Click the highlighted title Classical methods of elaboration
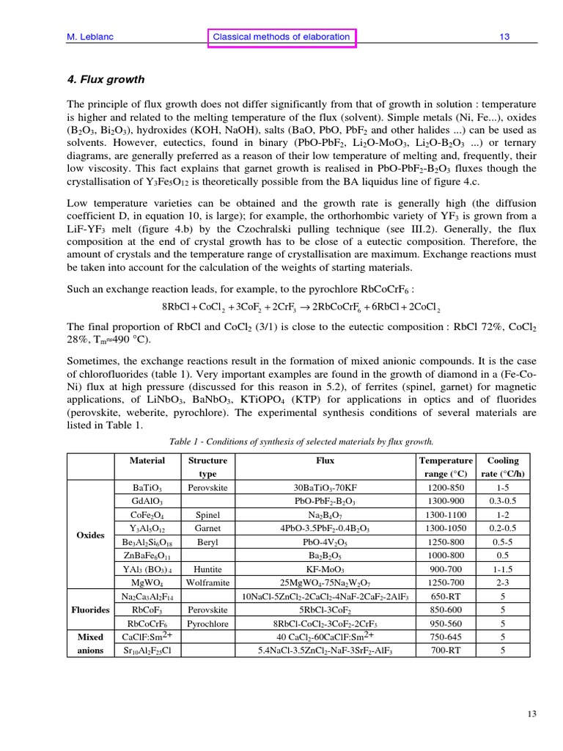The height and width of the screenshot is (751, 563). pyautogui.click(x=281, y=37)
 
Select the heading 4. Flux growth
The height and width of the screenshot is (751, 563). pyautogui.click(x=106, y=79)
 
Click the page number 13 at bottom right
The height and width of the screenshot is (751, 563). pyautogui.click(x=533, y=714)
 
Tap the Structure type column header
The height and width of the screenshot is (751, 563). pyautogui.click(x=207, y=467)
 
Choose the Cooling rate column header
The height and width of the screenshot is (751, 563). pyautogui.click(x=502, y=467)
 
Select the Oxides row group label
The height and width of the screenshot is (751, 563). pyautogui.click(x=90, y=535)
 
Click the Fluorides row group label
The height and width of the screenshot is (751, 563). pyautogui.click(x=90, y=609)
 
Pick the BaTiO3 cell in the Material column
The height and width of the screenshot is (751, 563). pyautogui.click(x=147, y=488)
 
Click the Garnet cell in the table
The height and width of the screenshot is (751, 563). pyautogui.click(x=207, y=528)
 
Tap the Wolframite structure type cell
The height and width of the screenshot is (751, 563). pyautogui.click(x=207, y=583)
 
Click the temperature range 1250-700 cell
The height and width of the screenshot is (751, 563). pyautogui.click(x=445, y=583)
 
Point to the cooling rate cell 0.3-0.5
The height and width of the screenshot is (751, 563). pyautogui.click(x=502, y=501)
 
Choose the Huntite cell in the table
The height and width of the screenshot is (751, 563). pyautogui.click(x=207, y=569)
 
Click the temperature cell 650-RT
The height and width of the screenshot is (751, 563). pyautogui.click(x=445, y=596)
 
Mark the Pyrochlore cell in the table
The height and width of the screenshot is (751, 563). pyautogui.click(x=207, y=624)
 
